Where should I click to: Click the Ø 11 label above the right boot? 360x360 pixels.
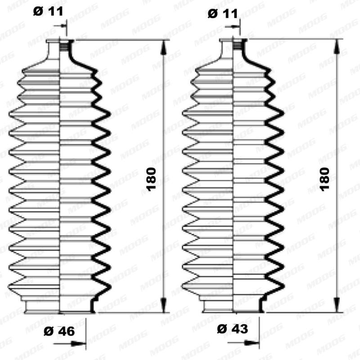[223, 14]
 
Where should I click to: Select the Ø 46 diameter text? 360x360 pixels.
[59, 332]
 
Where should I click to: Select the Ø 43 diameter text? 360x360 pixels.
[232, 329]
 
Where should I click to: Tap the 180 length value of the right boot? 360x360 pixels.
[324, 179]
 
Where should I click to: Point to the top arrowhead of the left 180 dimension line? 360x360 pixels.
[163, 45]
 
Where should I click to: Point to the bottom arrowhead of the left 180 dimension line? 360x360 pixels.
[163, 307]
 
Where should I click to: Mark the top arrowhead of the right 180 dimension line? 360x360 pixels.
[336, 45]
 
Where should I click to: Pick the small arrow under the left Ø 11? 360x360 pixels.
[62, 27]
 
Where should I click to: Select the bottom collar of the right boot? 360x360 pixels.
[234, 306]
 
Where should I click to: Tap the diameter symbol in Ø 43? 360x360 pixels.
[221, 329]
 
